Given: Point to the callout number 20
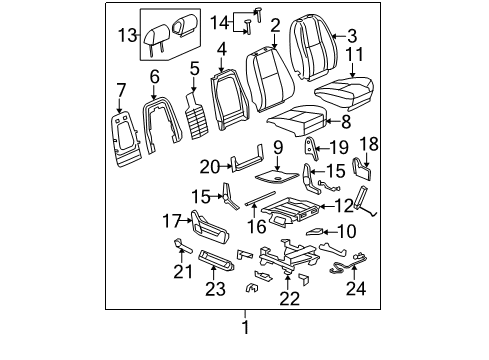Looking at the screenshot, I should (x=209, y=166).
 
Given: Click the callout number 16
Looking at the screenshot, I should (x=259, y=226).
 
